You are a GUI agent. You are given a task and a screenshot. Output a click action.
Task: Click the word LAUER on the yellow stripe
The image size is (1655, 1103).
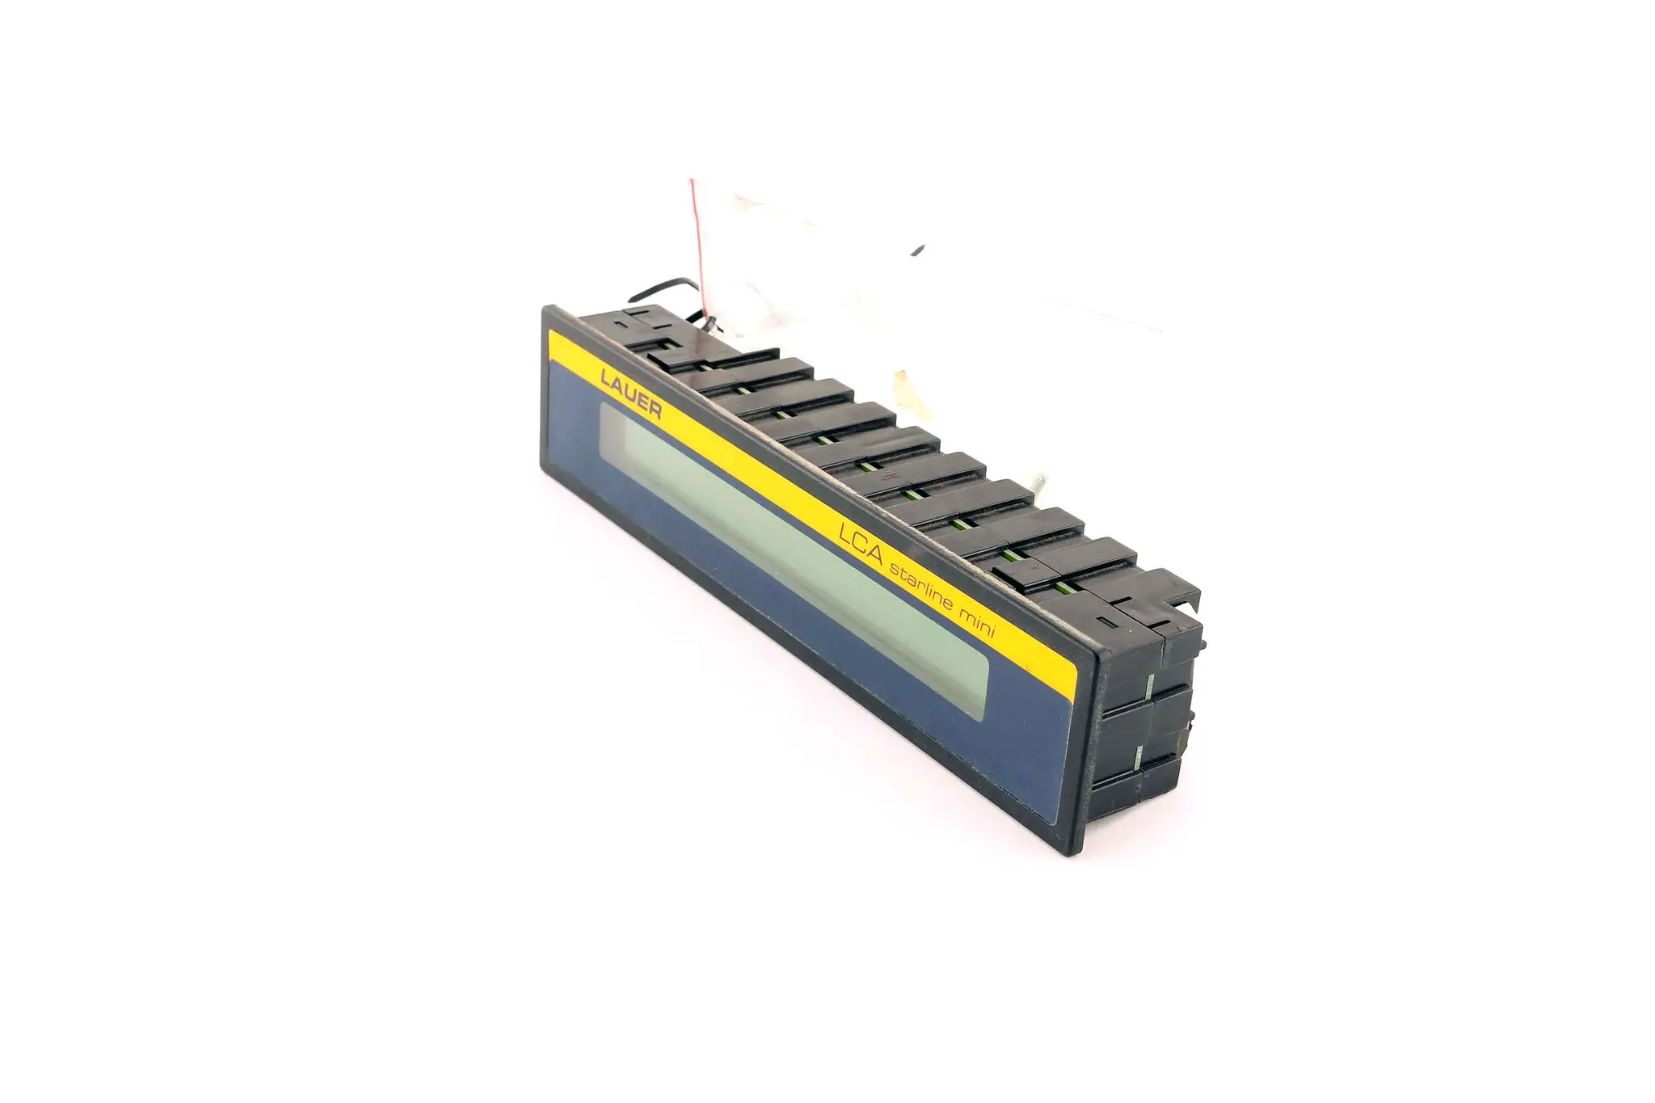631,394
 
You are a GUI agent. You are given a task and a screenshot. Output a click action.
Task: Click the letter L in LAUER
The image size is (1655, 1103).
604,377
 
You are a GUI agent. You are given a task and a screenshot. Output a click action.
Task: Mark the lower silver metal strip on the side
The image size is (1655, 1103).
1139,758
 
